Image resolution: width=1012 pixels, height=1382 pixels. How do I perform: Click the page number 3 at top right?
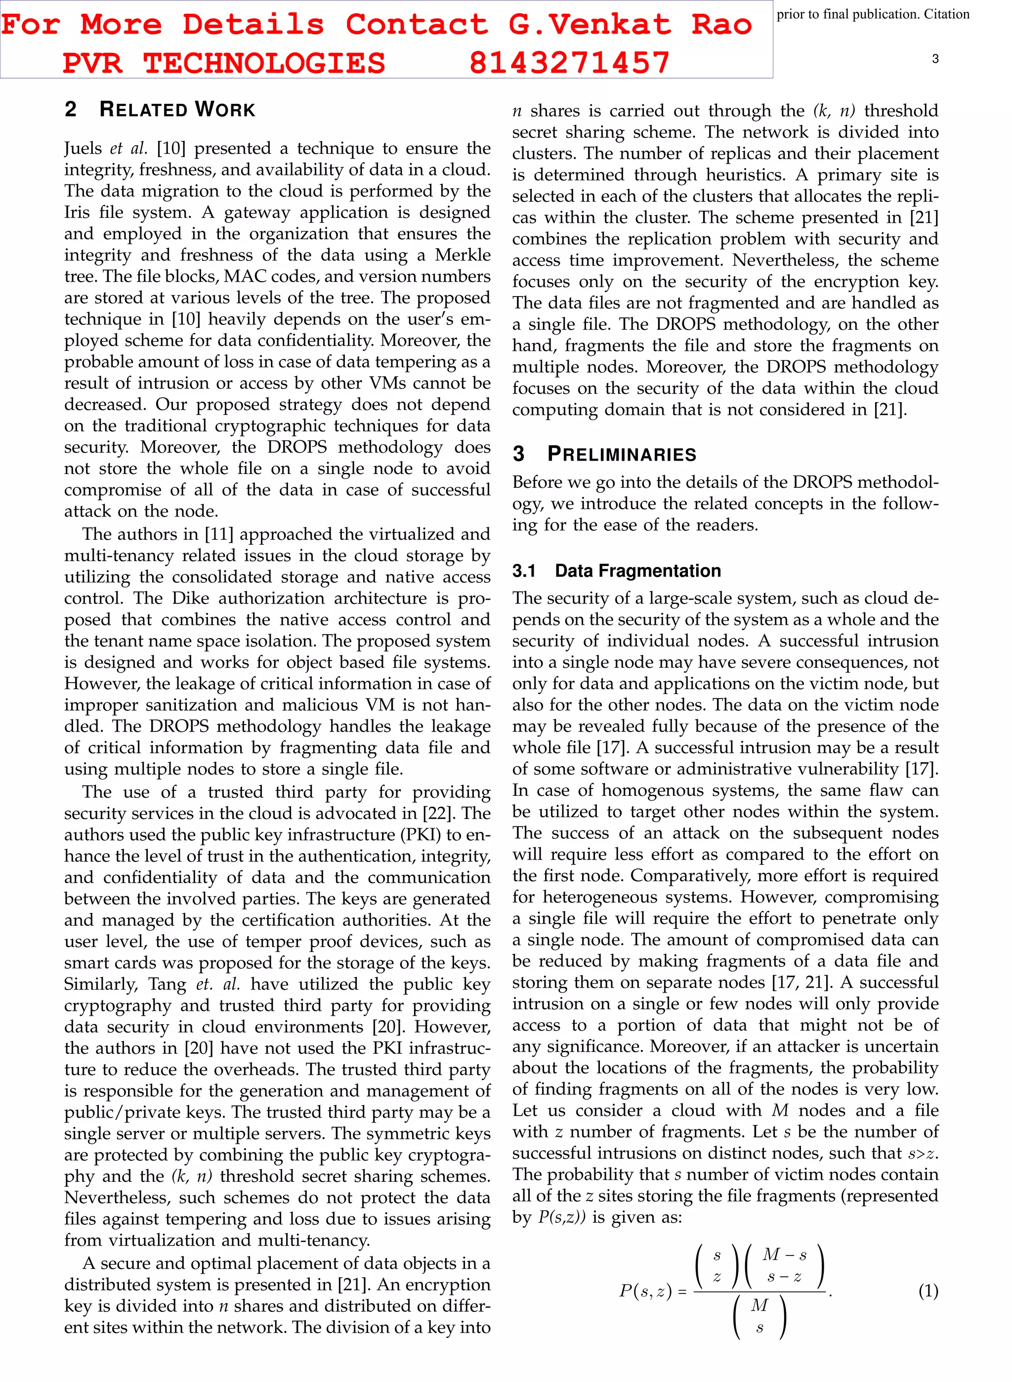point(935,59)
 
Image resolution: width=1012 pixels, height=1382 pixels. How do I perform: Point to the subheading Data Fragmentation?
point(637,570)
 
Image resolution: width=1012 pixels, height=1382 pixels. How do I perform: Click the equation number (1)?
point(928,1292)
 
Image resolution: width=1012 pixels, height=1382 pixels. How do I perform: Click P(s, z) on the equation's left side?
point(645,1292)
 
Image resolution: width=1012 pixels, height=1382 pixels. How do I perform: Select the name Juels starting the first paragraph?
point(84,148)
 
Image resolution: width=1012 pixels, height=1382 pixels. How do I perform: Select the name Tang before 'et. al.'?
point(167,984)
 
